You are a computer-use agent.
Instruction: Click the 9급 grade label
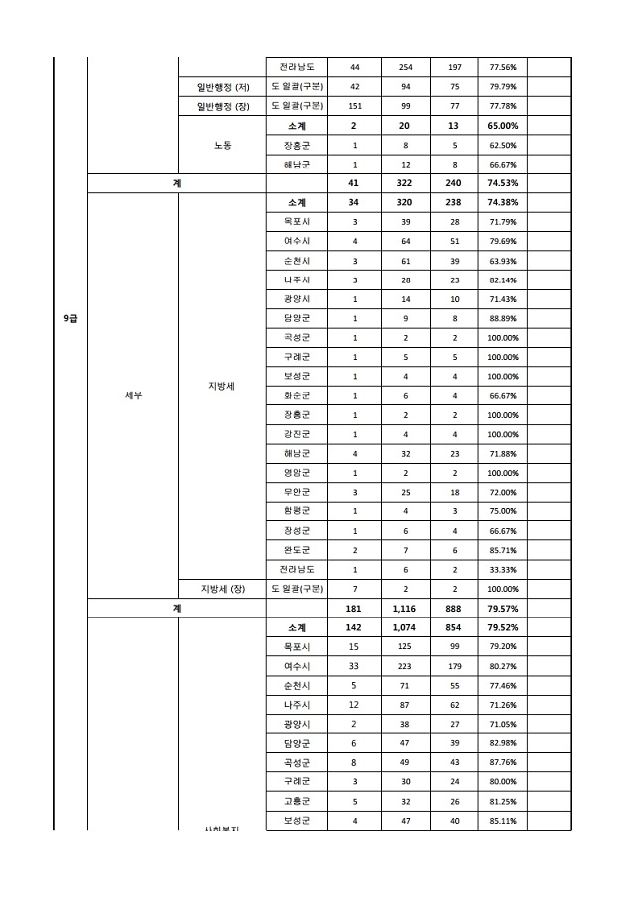pos(70,318)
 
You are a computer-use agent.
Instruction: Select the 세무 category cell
pos(133,395)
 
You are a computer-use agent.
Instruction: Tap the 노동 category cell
pos(222,145)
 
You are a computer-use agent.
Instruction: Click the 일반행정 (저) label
pos(222,87)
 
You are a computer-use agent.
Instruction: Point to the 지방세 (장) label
pos(222,589)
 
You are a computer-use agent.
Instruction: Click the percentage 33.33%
pos(504,570)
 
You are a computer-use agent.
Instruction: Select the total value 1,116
pos(405,609)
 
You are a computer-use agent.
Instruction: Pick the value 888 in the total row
pos(455,609)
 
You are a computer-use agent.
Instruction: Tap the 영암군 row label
pos(297,473)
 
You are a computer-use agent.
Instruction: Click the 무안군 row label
pos(297,493)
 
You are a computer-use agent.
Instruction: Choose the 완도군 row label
pos(297,550)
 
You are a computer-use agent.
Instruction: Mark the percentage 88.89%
pos(504,318)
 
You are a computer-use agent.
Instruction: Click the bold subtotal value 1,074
pos(405,627)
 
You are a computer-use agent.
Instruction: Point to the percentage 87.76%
pos(504,763)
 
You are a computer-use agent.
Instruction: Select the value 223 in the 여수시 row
pos(405,666)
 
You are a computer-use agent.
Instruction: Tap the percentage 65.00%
pos(504,126)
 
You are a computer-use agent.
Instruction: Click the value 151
pos(355,106)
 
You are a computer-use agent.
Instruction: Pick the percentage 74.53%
pos(504,183)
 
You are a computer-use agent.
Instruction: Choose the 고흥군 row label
pos(297,801)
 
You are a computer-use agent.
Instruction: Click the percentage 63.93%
pos(504,261)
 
